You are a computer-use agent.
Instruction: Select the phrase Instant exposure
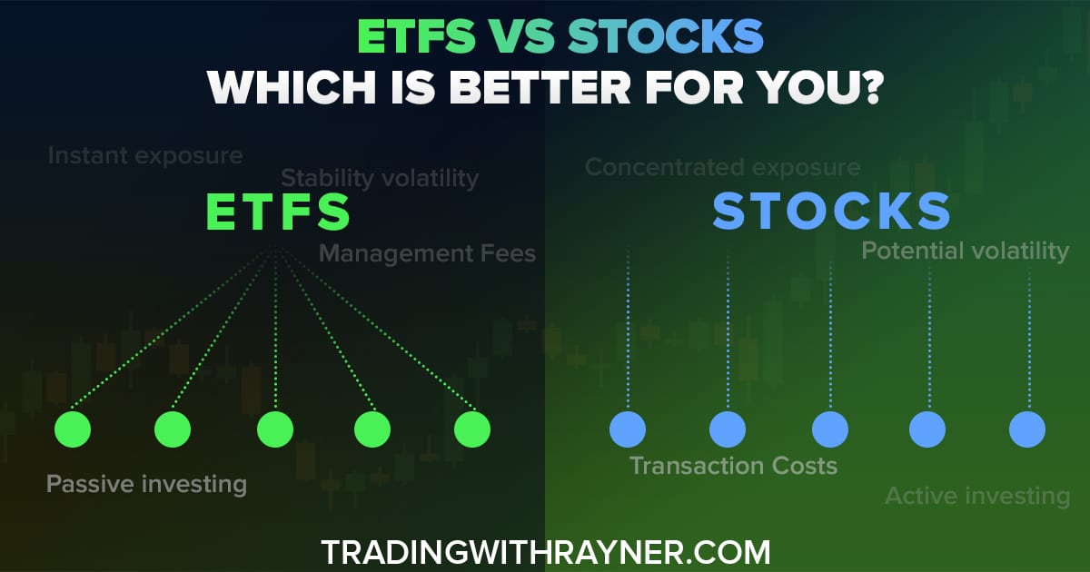pyautogui.click(x=145, y=155)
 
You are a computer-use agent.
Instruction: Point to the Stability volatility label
pyautogui.click(x=380, y=178)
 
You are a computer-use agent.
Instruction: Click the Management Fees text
pyautogui.click(x=427, y=252)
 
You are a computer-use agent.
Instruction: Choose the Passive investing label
pyautogui.click(x=146, y=484)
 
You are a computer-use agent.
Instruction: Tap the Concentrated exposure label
pyautogui.click(x=722, y=167)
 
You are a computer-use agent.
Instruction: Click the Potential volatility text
pyautogui.click(x=965, y=251)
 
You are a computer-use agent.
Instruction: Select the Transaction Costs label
pyautogui.click(x=733, y=466)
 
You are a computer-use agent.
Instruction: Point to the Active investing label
pyautogui.click(x=977, y=496)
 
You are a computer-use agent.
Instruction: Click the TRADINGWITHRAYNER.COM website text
pyautogui.click(x=545, y=551)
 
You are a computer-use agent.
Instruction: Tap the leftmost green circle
pyautogui.click(x=73, y=429)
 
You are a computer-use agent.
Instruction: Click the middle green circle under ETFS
pyautogui.click(x=274, y=429)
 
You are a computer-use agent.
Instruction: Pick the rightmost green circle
pyautogui.click(x=472, y=429)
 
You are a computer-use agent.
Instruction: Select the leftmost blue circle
pyautogui.click(x=628, y=429)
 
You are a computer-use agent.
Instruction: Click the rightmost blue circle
pyautogui.click(x=1027, y=429)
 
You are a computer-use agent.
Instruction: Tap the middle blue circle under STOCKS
pyautogui.click(x=829, y=429)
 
